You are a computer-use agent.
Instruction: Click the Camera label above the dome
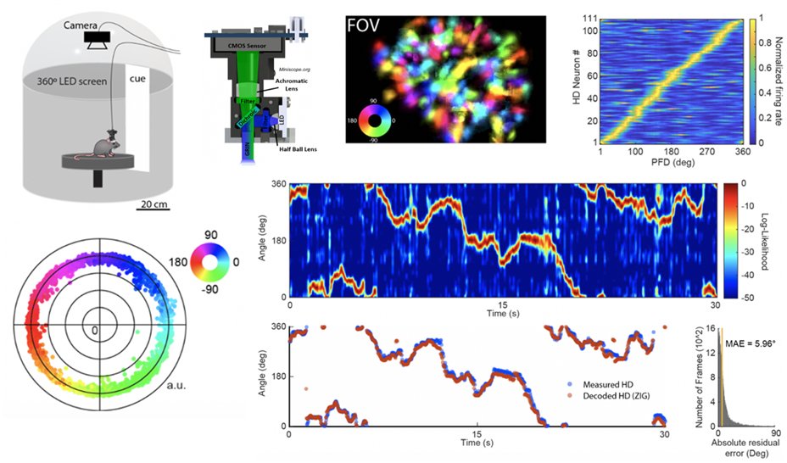(x=82, y=25)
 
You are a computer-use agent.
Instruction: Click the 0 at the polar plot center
(x=95, y=330)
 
